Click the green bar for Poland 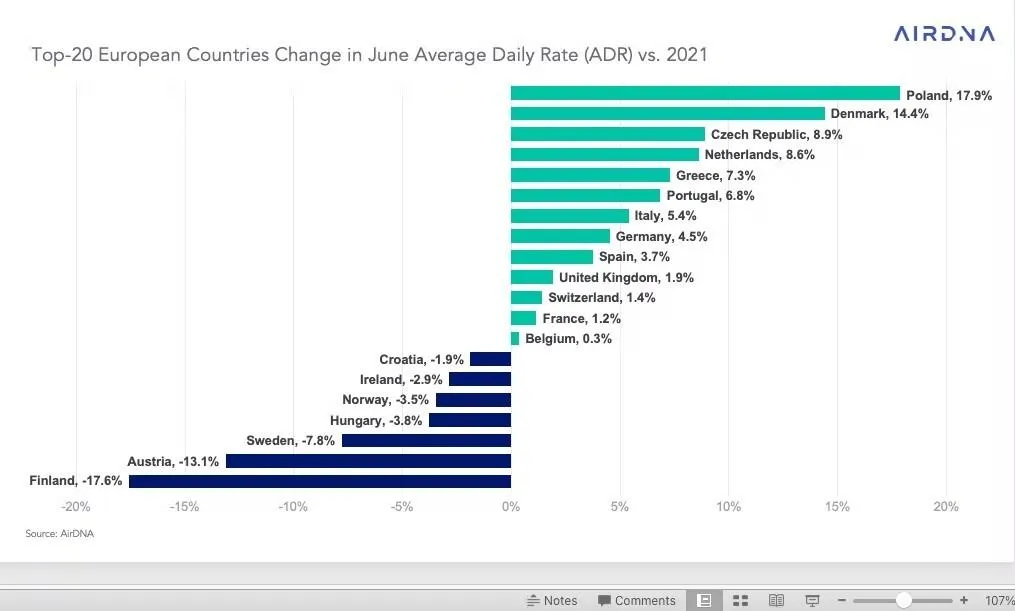(705, 93)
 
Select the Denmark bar (667, 114)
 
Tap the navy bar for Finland (320, 481)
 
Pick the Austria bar (368, 461)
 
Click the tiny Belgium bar (515, 339)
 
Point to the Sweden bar (426, 440)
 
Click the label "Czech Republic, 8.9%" (776, 134)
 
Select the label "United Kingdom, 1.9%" (626, 277)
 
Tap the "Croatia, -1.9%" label (421, 359)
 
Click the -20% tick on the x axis (76, 507)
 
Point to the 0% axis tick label (511, 507)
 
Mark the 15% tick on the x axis (837, 507)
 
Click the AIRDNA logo (944, 34)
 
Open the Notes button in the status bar (552, 600)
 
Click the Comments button (637, 600)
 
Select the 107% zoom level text (999, 600)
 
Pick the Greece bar (590, 175)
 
